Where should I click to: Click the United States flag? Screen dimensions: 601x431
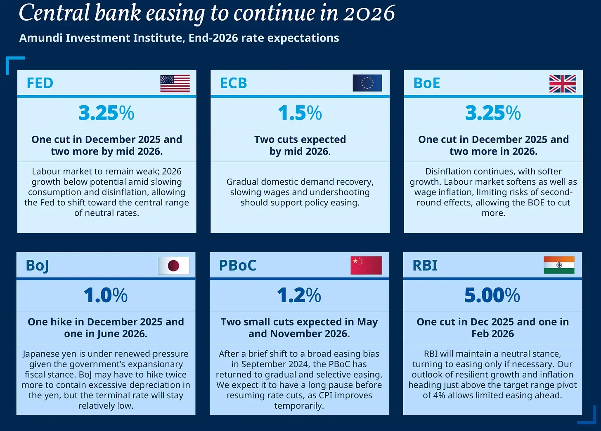click(175, 83)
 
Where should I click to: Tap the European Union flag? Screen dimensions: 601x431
click(367, 83)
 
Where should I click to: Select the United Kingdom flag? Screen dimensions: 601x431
click(562, 84)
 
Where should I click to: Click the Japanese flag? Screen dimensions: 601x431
click(173, 266)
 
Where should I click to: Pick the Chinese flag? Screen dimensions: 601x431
click(366, 265)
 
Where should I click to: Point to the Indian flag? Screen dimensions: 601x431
click(559, 265)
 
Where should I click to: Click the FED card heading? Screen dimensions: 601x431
click(40, 83)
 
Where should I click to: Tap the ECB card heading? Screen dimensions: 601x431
click(234, 83)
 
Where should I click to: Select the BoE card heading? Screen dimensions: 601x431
click(427, 83)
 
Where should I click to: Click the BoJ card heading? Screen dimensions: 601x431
click(37, 266)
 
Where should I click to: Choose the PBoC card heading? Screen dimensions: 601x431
click(237, 265)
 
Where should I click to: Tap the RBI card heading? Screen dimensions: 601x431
click(425, 265)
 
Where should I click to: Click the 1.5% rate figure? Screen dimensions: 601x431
click(300, 113)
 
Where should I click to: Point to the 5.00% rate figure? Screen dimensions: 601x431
click(492, 295)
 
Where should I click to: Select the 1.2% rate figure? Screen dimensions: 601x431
click(299, 295)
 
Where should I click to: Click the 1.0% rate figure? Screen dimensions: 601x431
click(106, 295)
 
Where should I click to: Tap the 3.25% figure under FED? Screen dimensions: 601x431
click(106, 113)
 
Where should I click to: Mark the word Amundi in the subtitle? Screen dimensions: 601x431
click(40, 38)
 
